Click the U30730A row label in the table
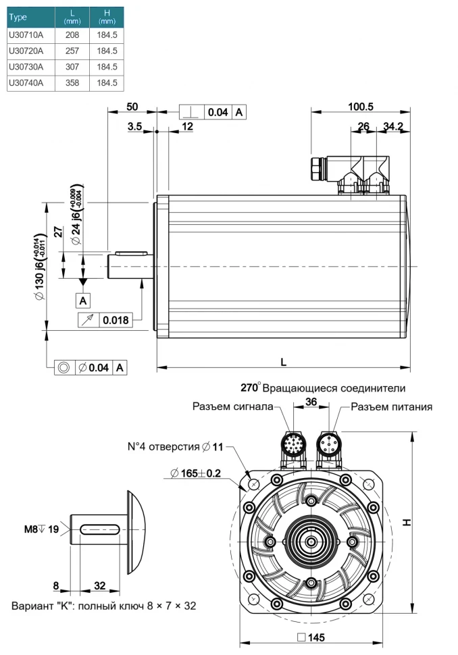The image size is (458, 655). (x=26, y=67)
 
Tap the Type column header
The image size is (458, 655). (x=18, y=17)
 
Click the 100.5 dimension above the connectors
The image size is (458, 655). (x=361, y=106)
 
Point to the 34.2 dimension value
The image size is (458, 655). (x=392, y=126)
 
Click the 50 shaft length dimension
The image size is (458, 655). (x=132, y=107)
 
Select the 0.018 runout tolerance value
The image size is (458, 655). (x=116, y=319)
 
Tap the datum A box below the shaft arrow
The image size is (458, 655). (x=83, y=299)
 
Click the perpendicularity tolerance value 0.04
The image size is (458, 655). (x=218, y=112)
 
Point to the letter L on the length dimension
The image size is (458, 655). (x=283, y=362)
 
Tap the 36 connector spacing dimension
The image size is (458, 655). (x=311, y=401)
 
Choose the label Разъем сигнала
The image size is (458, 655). (x=232, y=407)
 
